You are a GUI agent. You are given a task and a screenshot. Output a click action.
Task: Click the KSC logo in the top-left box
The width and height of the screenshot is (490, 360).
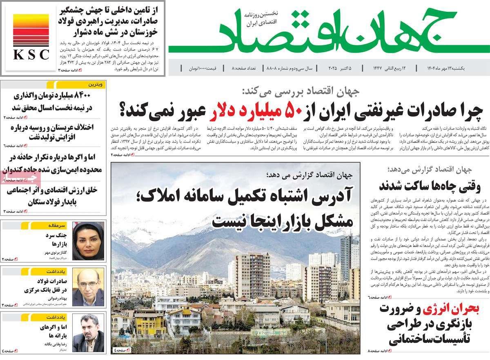[31, 38]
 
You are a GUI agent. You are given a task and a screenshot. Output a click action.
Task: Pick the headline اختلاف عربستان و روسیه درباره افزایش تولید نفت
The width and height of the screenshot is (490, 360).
[49, 132]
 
